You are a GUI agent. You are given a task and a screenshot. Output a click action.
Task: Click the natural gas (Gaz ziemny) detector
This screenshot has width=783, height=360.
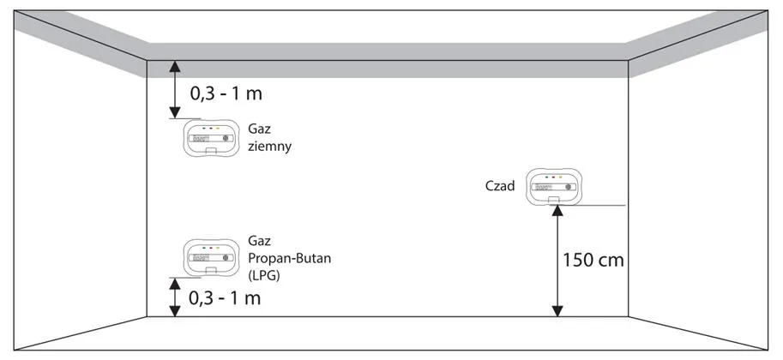[x=209, y=137]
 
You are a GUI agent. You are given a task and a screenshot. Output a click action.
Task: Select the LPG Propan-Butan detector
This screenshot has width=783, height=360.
[x=209, y=256]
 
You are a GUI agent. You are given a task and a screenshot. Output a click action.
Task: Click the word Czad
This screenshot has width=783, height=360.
[x=500, y=185]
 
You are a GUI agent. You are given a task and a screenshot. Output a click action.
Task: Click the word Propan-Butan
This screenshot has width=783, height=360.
[x=287, y=258]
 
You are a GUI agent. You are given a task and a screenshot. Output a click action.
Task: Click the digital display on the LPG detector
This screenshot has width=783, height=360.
[x=202, y=257]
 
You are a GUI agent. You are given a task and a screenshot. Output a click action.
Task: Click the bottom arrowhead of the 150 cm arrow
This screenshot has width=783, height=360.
[x=558, y=310]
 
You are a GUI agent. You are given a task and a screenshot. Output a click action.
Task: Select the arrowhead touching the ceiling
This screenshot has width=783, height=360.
[x=175, y=66]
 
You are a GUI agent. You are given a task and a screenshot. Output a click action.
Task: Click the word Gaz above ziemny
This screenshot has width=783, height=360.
[x=258, y=128]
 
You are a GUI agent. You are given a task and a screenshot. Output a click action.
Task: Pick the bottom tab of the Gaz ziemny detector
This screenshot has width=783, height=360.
[x=211, y=152]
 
